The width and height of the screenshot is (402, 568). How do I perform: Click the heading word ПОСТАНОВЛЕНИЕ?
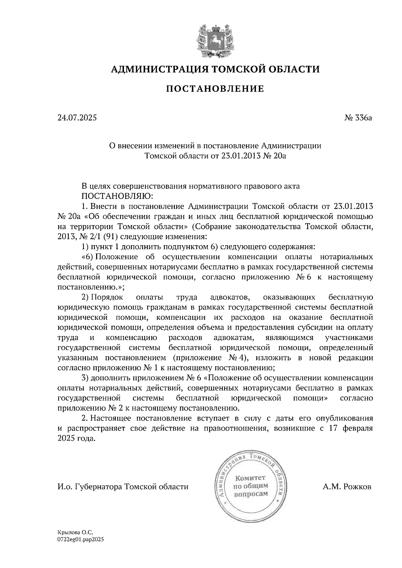215,89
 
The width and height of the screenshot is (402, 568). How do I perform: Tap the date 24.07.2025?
77,118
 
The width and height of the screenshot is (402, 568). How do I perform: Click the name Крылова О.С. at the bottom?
75,532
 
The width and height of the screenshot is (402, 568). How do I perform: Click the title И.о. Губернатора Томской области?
123,487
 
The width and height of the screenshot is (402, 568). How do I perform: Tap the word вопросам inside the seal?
251,494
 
